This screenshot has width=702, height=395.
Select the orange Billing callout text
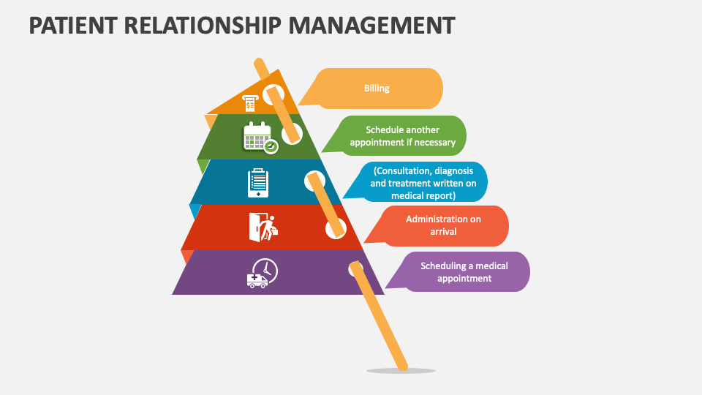pyautogui.click(x=377, y=89)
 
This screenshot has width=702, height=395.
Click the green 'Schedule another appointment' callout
pyautogui.click(x=402, y=136)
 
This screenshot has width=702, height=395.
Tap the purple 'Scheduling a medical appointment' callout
pyautogui.click(x=464, y=272)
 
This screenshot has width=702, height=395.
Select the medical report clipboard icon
pyautogui.click(x=258, y=183)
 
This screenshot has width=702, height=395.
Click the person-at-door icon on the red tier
pyautogui.click(x=263, y=227)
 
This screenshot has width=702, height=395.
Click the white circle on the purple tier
pyautogui.click(x=354, y=269)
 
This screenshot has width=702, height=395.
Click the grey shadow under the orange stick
pyautogui.click(x=401, y=371)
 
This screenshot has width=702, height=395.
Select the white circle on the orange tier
pyautogui.click(x=273, y=93)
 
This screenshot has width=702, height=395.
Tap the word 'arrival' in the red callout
pyautogui.click(x=443, y=232)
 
